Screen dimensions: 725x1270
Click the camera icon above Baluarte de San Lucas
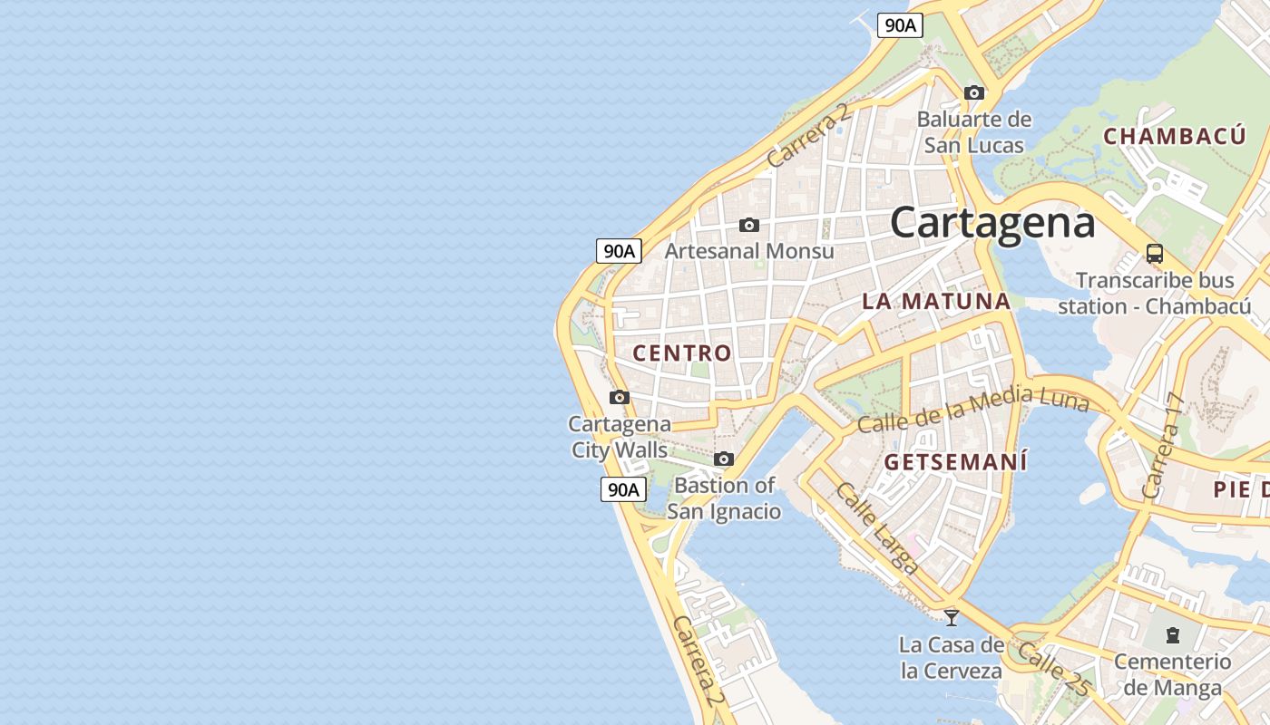point(973,92)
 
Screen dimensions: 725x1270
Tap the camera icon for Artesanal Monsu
point(748,225)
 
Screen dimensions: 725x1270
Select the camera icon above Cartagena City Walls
point(620,397)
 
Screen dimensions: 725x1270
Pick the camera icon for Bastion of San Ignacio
point(723,459)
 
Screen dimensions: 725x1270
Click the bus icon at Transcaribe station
point(1154,254)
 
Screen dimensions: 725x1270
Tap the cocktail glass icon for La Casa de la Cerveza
point(951,618)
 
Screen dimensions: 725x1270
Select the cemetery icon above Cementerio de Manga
point(1172,634)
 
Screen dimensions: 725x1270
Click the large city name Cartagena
point(992,223)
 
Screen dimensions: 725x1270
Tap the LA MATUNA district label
point(936,302)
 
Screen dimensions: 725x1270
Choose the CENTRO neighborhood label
point(682,353)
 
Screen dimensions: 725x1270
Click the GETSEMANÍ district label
point(956,462)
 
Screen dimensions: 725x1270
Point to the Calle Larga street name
point(876,527)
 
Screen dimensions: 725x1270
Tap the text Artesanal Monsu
point(749,250)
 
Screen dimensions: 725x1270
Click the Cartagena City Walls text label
point(620,437)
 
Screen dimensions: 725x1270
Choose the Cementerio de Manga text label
point(1172,674)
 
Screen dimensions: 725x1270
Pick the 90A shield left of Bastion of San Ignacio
point(623,489)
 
